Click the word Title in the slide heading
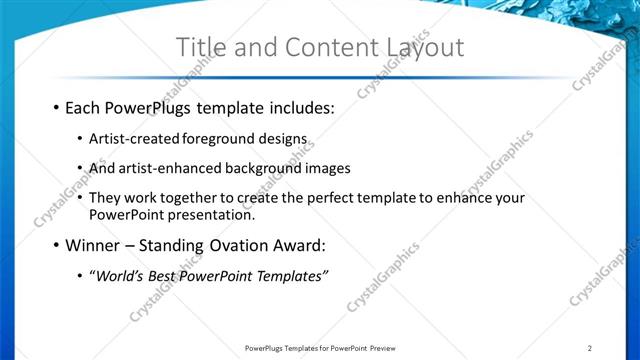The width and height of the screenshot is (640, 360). tap(200, 47)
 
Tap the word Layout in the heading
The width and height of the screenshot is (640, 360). tap(421, 47)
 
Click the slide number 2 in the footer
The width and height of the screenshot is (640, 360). tap(590, 348)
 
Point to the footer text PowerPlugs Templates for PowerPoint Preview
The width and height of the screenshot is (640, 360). tap(320, 348)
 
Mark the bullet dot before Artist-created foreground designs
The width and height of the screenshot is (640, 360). tap(79, 139)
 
